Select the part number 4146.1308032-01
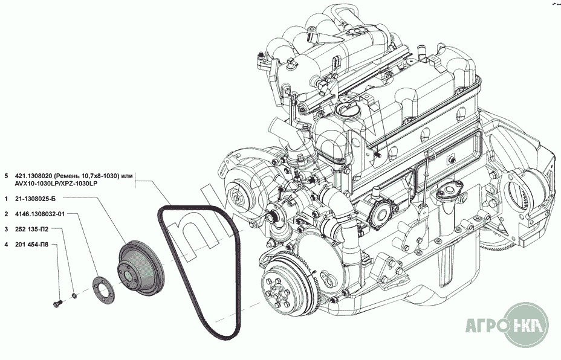pyautogui.click(x=40, y=214)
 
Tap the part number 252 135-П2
pyautogui.click(x=32, y=229)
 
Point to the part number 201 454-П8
pyautogui.click(x=32, y=245)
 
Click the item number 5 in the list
pyautogui.click(x=6, y=176)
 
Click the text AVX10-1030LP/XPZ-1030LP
pyautogui.click(x=57, y=183)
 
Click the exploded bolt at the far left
pyautogui.click(x=57, y=304)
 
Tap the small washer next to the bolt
pyautogui.click(x=74, y=295)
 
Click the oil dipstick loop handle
pyautogui.click(x=430, y=155)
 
